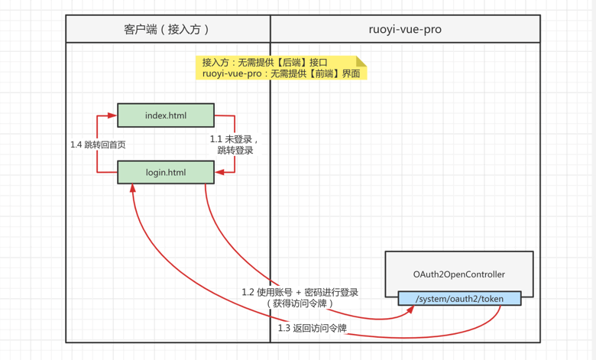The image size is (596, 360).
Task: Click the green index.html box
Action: [x=166, y=115]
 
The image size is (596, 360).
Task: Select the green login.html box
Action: [x=166, y=172]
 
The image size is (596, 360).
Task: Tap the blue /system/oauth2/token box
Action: [x=459, y=298]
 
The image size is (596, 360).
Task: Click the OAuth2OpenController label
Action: [x=459, y=274]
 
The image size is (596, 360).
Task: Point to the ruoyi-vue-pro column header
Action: [x=405, y=29]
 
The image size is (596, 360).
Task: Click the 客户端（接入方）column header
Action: [x=167, y=29]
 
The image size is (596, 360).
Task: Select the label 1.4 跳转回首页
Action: [x=98, y=144]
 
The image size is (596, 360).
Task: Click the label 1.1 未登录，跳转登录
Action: [x=235, y=144]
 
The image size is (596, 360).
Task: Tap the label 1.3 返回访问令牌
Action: [x=313, y=328]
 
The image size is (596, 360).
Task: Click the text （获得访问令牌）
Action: [x=300, y=303]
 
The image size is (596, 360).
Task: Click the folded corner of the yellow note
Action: [x=361, y=60]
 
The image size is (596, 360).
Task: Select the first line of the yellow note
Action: [x=264, y=62]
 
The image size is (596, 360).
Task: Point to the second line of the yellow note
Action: [x=280, y=74]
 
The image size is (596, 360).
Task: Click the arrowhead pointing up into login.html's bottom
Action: [x=132, y=188]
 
